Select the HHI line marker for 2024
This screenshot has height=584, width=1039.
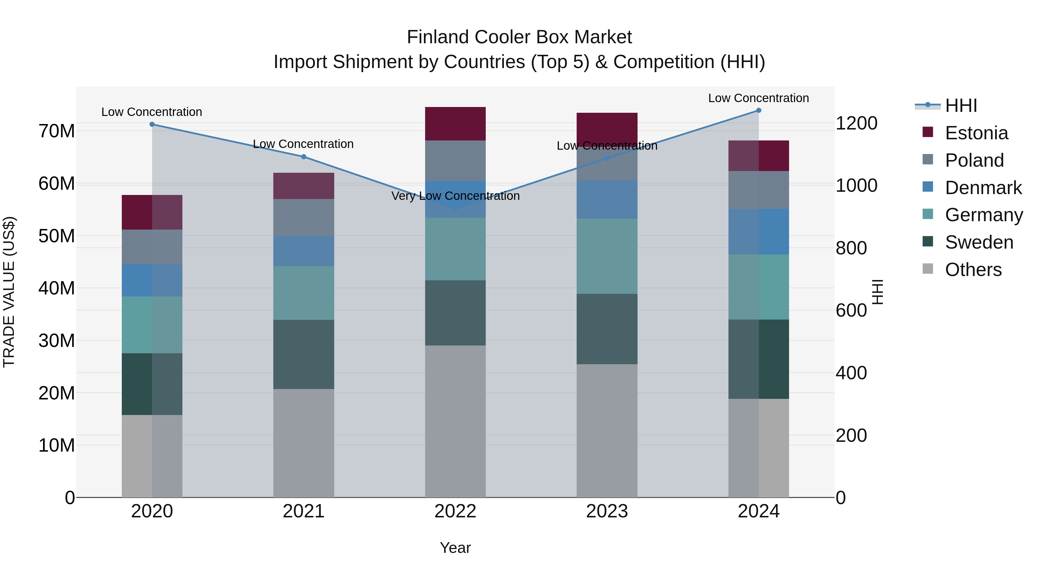759,110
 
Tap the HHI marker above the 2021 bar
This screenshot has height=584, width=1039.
304,157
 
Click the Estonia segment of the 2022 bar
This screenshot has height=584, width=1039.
455,124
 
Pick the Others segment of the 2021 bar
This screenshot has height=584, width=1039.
304,443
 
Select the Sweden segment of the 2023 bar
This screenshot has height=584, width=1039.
607,329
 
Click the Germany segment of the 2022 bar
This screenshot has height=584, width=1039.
455,249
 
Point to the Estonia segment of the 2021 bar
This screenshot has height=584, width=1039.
304,186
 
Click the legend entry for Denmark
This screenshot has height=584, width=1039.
983,188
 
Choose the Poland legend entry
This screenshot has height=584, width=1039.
974,160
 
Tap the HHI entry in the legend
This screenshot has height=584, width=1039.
961,106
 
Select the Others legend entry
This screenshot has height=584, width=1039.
973,270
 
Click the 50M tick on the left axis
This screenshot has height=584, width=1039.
57,236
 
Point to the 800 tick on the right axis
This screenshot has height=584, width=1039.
851,248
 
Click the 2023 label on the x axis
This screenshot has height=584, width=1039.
607,511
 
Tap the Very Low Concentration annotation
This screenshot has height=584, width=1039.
455,196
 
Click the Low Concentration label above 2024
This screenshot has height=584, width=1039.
758,98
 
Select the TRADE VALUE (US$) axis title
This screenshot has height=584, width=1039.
9,292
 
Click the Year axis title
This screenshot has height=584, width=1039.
455,548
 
